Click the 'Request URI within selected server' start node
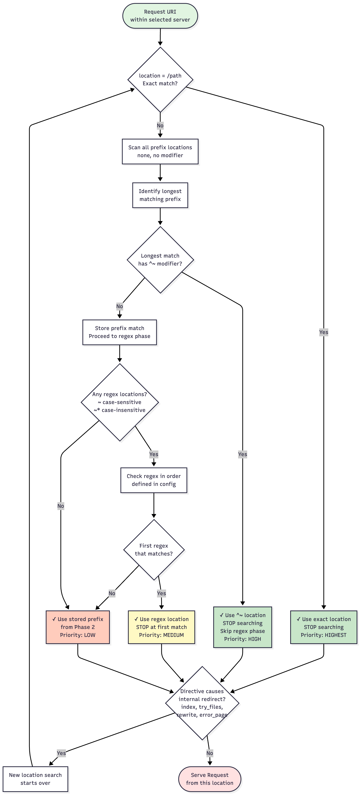click(x=160, y=16)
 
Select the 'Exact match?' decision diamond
click(x=160, y=80)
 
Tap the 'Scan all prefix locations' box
click(x=160, y=151)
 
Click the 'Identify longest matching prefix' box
click(x=160, y=195)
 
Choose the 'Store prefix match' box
click(x=119, y=332)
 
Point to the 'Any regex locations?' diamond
click(x=120, y=402)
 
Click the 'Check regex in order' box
click(x=154, y=480)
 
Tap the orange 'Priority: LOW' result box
click(x=78, y=627)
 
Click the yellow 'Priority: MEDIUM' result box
click(x=161, y=627)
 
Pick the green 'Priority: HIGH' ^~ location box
click(x=242, y=627)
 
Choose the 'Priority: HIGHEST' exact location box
click(x=324, y=627)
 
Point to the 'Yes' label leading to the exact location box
click(x=324, y=332)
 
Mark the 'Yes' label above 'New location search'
click(x=61, y=753)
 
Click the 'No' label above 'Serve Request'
click(x=209, y=753)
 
